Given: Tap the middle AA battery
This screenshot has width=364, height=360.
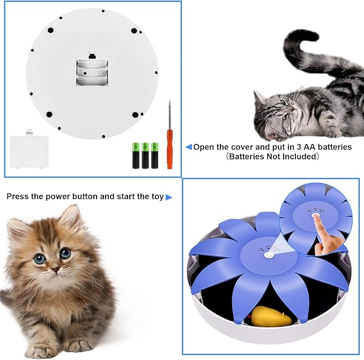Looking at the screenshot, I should click(145, 155).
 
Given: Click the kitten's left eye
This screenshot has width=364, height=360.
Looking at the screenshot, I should click(40, 259).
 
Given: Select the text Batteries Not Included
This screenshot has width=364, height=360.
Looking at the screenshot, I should click(273, 157).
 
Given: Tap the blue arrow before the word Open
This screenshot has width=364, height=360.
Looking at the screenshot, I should click(188, 147).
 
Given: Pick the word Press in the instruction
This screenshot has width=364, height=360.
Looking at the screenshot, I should click(17, 196).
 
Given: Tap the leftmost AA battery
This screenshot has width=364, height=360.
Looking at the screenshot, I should click(136, 155).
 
